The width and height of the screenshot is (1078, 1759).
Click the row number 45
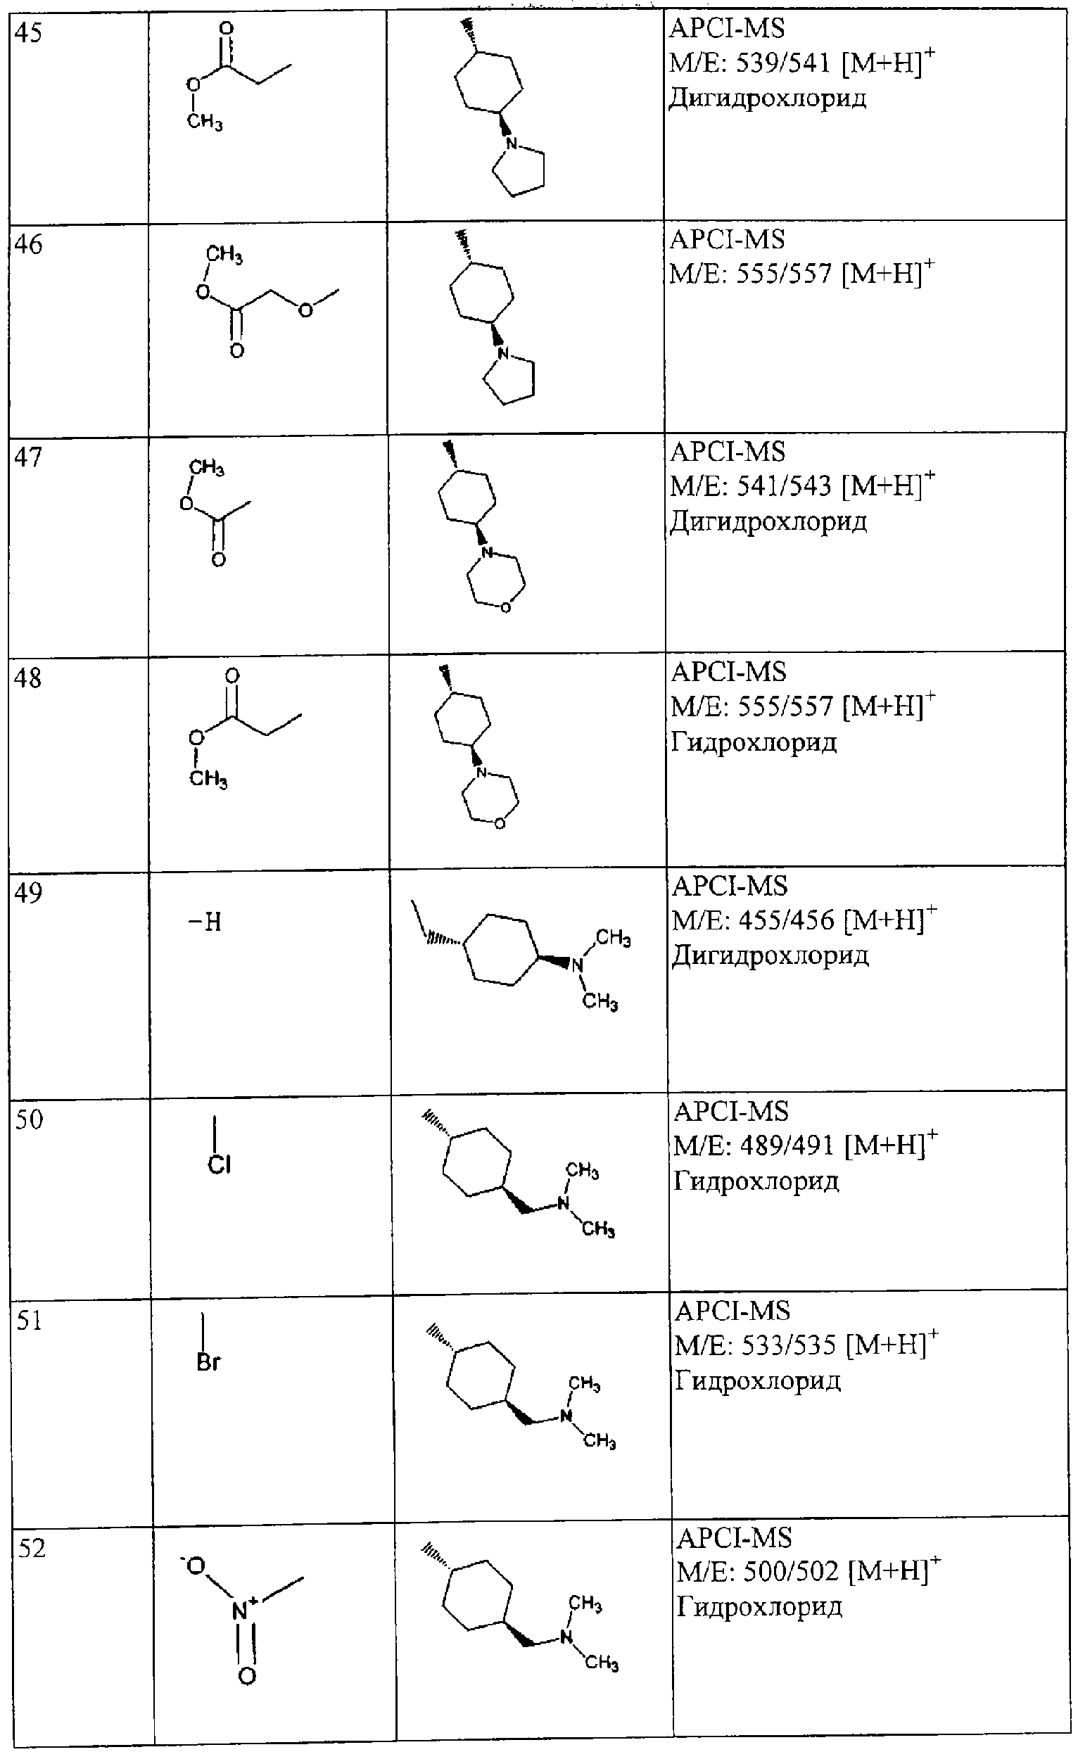29,34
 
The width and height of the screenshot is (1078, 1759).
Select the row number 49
30,892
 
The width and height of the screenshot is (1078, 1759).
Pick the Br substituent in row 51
208,1361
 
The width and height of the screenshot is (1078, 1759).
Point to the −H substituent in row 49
205,922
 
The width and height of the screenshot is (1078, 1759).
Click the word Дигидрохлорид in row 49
771,956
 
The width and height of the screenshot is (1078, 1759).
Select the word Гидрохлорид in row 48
754,742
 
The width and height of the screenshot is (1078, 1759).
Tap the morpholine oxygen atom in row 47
505,608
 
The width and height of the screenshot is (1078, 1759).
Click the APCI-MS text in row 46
727,239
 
